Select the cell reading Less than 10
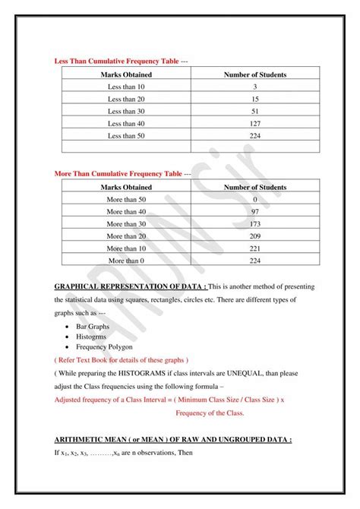click(126, 87)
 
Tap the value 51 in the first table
click(254, 111)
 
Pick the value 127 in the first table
click(254, 123)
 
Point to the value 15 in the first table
click(254, 99)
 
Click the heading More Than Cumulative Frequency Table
click(118, 173)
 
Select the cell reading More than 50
click(126, 199)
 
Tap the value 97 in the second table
click(254, 211)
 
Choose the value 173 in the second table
click(254, 224)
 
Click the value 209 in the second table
click(254, 236)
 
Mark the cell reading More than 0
click(126, 261)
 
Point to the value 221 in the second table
click(254, 248)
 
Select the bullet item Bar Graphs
click(93, 326)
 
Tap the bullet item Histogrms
click(92, 336)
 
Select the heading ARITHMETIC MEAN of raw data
click(173, 440)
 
